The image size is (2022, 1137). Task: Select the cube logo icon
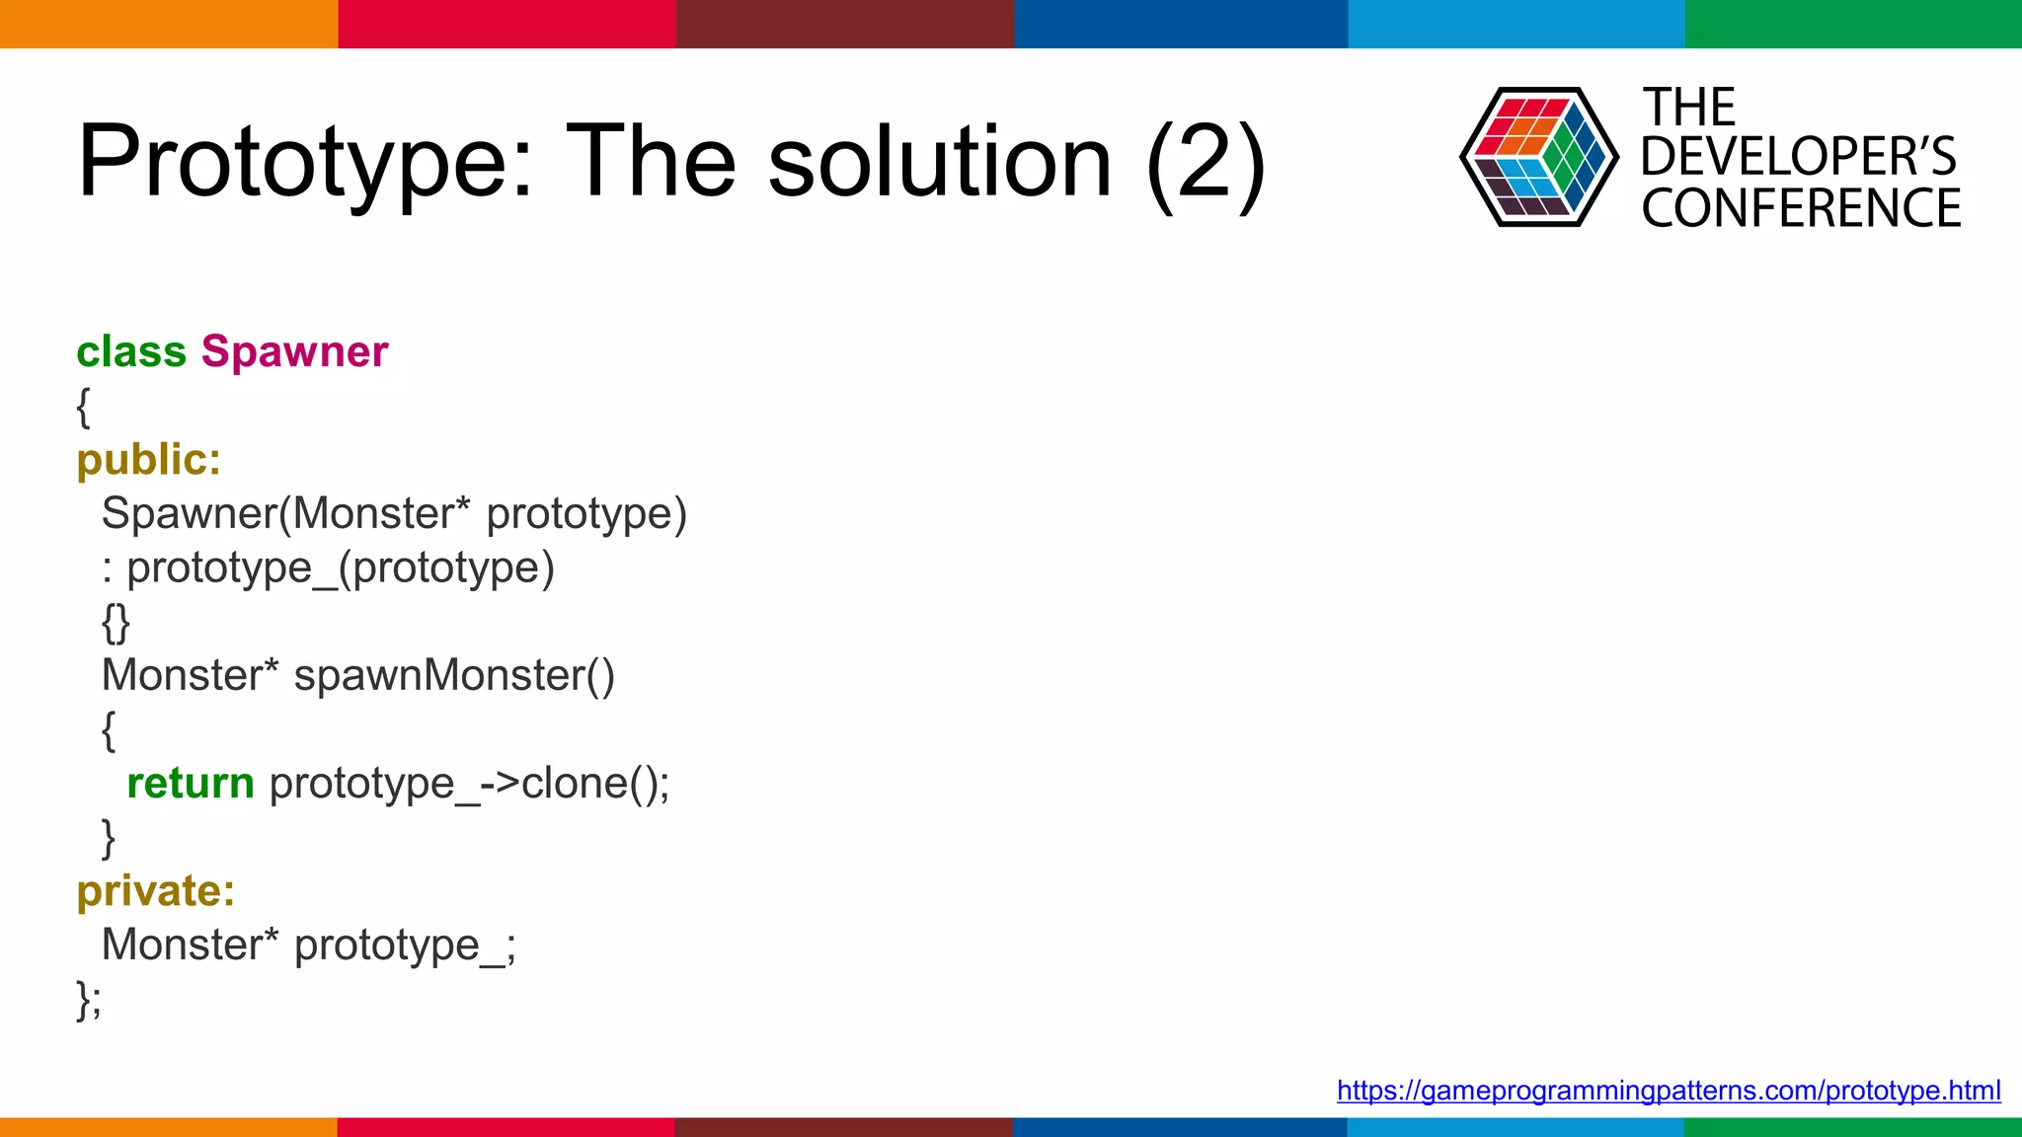coord(1538,157)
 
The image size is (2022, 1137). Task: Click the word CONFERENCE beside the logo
coord(1801,208)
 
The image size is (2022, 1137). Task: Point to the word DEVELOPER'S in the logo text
coord(1798,157)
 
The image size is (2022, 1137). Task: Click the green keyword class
coord(131,352)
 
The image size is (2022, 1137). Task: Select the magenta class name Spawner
coord(294,352)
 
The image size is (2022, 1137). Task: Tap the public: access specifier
coord(149,460)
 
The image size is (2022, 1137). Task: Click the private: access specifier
coord(156,891)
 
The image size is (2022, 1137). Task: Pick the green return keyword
coord(191,784)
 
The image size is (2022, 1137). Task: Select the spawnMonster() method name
coord(454,676)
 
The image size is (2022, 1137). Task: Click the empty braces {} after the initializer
coord(116,623)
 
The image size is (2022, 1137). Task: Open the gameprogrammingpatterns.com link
coord(1669,1091)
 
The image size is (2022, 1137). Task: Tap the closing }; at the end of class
coord(89,1000)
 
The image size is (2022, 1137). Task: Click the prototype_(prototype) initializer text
coord(340,568)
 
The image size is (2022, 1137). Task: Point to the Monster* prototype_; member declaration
coord(308,946)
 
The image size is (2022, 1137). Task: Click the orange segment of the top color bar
coord(168,24)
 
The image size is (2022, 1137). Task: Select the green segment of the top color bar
coord(1853,24)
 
